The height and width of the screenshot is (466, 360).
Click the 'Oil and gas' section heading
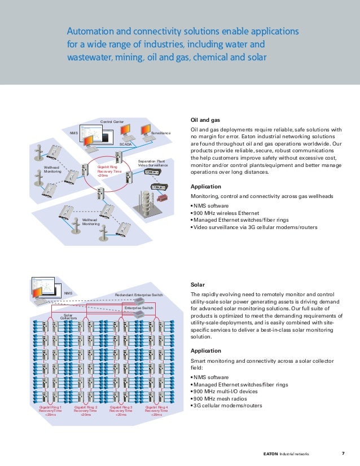[x=205, y=120]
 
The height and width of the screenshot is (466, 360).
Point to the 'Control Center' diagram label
[x=112, y=121]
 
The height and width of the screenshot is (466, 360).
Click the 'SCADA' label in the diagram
[x=125, y=145]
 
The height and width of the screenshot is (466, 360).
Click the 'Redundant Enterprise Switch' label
[x=139, y=295]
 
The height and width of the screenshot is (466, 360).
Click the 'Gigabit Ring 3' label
[x=121, y=410]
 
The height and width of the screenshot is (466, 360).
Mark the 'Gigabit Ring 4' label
[x=156, y=410]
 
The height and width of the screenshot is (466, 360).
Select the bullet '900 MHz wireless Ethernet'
[x=226, y=213]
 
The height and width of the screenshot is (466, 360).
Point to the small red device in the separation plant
[x=163, y=199]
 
